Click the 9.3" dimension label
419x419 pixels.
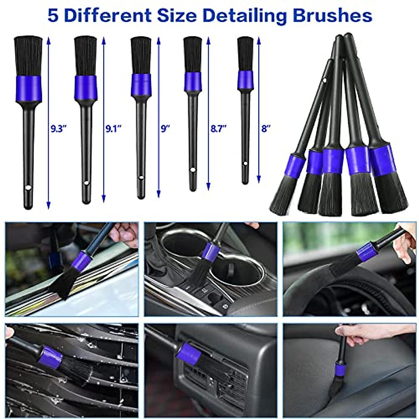[58, 129]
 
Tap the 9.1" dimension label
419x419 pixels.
[113, 129]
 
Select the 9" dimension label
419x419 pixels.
[165, 129]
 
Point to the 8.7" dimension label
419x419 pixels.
[219, 129]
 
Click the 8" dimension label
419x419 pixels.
[266, 129]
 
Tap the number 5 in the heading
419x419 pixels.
[53, 15]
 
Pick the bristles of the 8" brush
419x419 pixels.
[245, 53]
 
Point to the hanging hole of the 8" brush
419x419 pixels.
[245, 164]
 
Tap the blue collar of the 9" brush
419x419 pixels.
[141, 84]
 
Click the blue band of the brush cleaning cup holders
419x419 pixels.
[211, 252]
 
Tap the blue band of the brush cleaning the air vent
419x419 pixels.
[189, 353]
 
